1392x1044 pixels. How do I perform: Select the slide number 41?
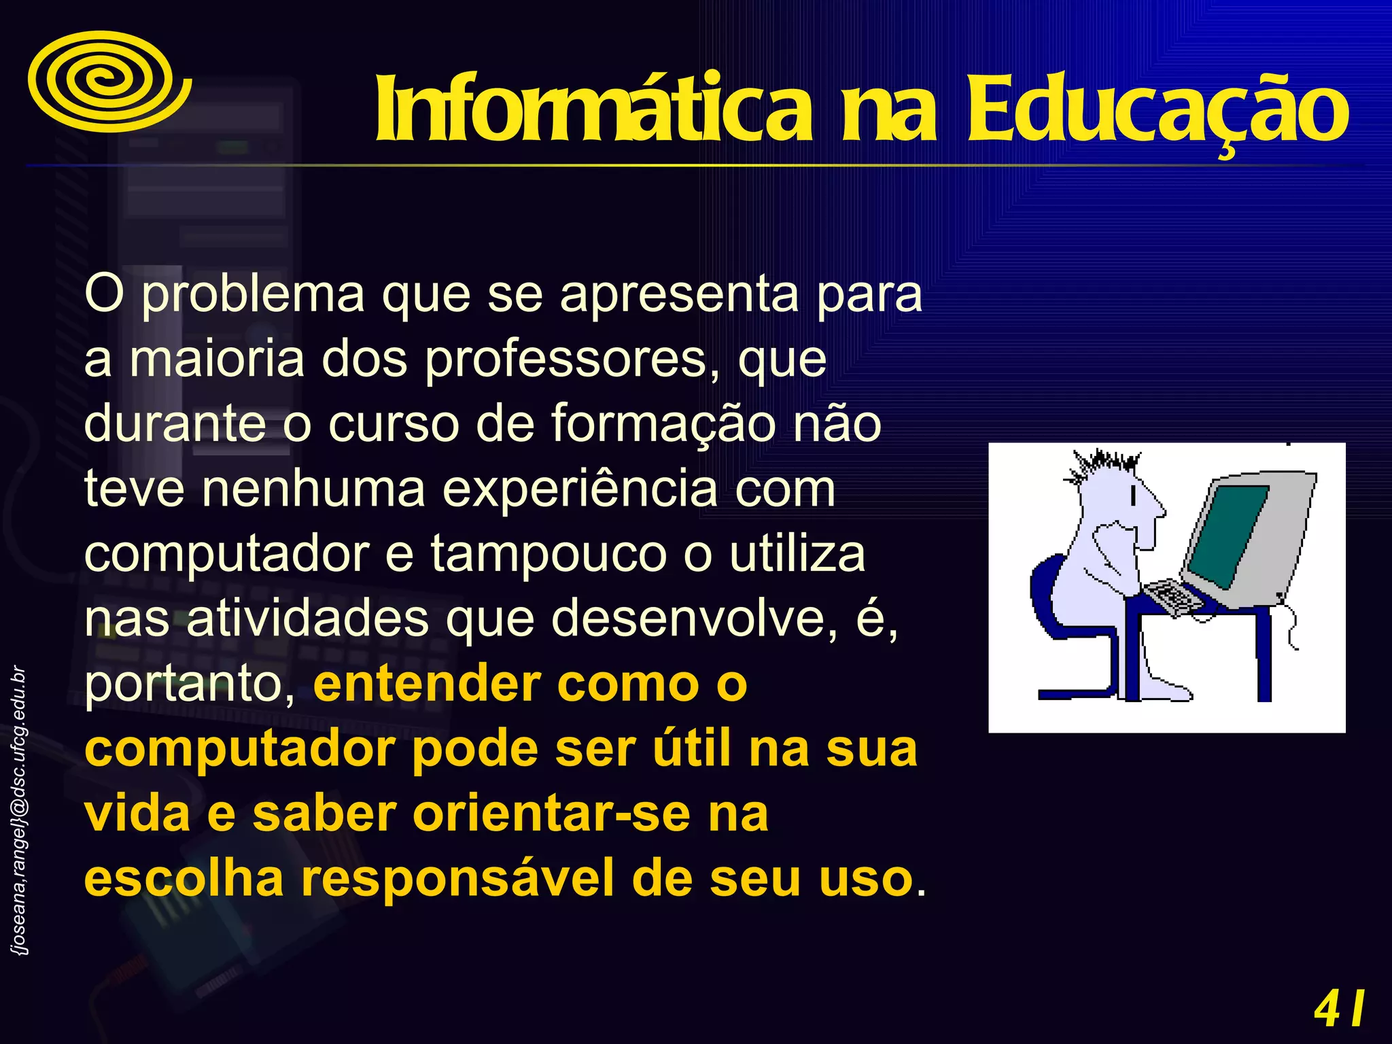pos(1339,1009)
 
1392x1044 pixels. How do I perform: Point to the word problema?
pos(253,295)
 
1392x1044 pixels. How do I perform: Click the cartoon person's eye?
pos(1133,496)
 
